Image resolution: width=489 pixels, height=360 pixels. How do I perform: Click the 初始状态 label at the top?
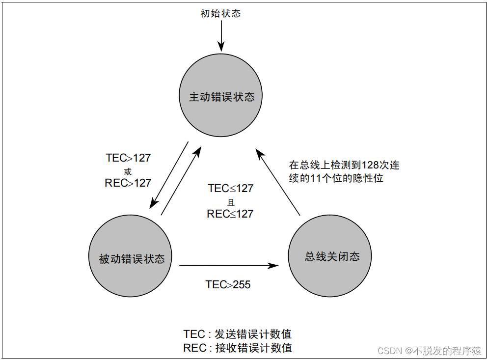coord(220,13)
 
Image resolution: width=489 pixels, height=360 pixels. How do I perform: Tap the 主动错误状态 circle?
coord(221,96)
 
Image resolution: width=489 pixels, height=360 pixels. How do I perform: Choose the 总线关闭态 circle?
coord(330,256)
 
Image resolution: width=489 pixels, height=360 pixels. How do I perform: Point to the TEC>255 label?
coord(228,284)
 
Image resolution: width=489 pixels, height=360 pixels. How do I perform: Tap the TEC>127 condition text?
coord(128,158)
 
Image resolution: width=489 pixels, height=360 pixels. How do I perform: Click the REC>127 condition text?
coord(128,183)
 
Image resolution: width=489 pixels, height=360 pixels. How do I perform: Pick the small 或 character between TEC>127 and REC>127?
coord(128,171)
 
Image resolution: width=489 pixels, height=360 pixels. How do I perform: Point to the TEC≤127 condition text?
coord(231,189)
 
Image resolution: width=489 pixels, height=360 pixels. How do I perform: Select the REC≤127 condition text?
coord(230,214)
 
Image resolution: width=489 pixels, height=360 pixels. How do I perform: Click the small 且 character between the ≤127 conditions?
coord(231,201)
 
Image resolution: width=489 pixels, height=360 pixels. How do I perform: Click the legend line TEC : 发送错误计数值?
coord(238,334)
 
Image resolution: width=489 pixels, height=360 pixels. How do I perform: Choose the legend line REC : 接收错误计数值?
coord(238,348)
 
